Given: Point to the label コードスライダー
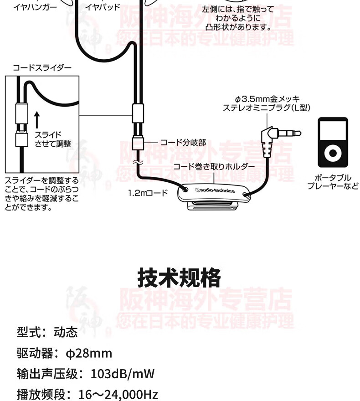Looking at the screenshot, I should point(42,68).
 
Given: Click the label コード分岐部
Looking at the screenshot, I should point(183,142).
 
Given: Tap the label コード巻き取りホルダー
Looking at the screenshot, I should point(214,166).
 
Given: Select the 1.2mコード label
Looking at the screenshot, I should point(148,193).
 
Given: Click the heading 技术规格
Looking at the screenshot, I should point(179,278).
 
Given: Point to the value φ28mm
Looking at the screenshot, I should point(89,353).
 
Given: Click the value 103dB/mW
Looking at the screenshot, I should point(123,374).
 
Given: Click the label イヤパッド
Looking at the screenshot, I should point(103,7).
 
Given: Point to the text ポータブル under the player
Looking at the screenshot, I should point(333,178).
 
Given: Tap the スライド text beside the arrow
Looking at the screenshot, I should point(48,135).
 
